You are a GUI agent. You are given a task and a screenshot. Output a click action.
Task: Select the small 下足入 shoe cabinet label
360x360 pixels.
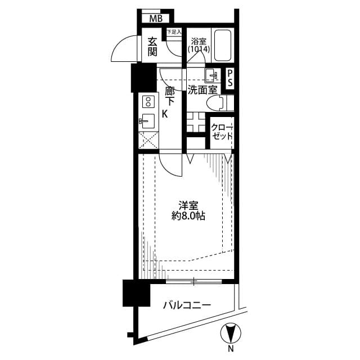[x=173, y=33]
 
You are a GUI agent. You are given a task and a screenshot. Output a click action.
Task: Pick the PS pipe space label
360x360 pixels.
[x=229, y=78]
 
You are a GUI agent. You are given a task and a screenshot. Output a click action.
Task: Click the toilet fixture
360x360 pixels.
[x=216, y=103]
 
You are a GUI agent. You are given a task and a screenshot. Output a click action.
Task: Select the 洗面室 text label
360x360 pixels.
[x=202, y=89]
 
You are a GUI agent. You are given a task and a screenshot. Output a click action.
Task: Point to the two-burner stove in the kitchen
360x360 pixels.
[x=149, y=102]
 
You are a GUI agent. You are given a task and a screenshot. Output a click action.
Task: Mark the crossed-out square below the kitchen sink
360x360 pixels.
[x=148, y=139]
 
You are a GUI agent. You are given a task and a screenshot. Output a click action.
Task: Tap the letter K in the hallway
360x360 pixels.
[x=165, y=114]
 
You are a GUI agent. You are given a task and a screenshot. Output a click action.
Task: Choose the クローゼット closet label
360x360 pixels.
[x=220, y=131]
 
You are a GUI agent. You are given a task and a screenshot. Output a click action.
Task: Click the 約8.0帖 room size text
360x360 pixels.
[x=188, y=215]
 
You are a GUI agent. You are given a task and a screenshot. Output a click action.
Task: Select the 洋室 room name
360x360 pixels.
[x=188, y=204]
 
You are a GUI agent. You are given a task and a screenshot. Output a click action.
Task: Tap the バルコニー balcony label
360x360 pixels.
[x=187, y=305]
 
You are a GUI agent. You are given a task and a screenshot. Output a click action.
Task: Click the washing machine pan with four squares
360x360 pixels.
[x=197, y=121]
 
